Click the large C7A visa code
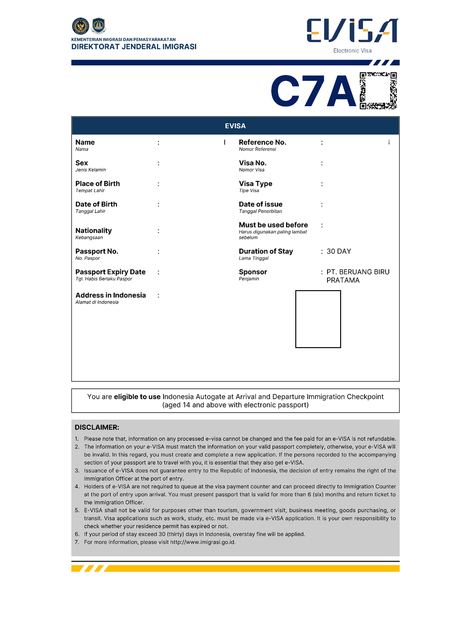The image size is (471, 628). [x=314, y=92]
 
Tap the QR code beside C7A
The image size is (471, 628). [x=378, y=91]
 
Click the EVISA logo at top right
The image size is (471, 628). [x=352, y=31]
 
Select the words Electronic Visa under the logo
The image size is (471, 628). [x=352, y=50]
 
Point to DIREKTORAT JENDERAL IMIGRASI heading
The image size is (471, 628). [x=134, y=47]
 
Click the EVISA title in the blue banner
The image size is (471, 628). [x=235, y=126]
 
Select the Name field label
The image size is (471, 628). [x=85, y=143]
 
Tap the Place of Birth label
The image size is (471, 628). [x=98, y=184]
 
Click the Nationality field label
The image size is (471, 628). [x=93, y=231]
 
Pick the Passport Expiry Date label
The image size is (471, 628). [x=110, y=272]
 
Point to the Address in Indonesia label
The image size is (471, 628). [x=111, y=295]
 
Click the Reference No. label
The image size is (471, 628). [x=262, y=143]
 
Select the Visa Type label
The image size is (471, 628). [x=256, y=184]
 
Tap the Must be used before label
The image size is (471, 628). [x=273, y=225]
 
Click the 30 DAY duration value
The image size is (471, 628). [x=339, y=251]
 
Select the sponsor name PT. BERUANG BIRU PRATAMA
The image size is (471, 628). [x=357, y=276]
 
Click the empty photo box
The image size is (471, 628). [x=318, y=319]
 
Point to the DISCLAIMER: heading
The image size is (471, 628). [x=97, y=427]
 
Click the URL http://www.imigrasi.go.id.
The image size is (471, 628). [x=203, y=542]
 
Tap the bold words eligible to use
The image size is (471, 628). [x=137, y=397]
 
